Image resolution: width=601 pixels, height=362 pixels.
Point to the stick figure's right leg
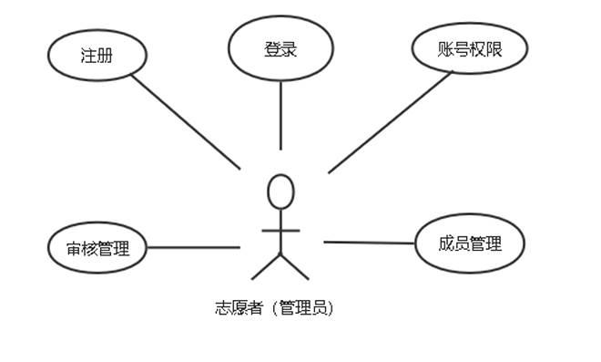click(x=296, y=266)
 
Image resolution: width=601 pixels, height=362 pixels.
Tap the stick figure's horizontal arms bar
click(x=281, y=228)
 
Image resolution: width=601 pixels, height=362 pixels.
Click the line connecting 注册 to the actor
click(x=186, y=122)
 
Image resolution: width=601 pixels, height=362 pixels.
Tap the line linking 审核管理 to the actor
click(x=193, y=246)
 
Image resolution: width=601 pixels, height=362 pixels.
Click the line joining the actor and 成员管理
click(x=369, y=243)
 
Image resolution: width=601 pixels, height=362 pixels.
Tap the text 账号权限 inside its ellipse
click(x=470, y=50)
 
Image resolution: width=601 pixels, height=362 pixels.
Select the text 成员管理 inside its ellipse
click(x=470, y=243)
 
